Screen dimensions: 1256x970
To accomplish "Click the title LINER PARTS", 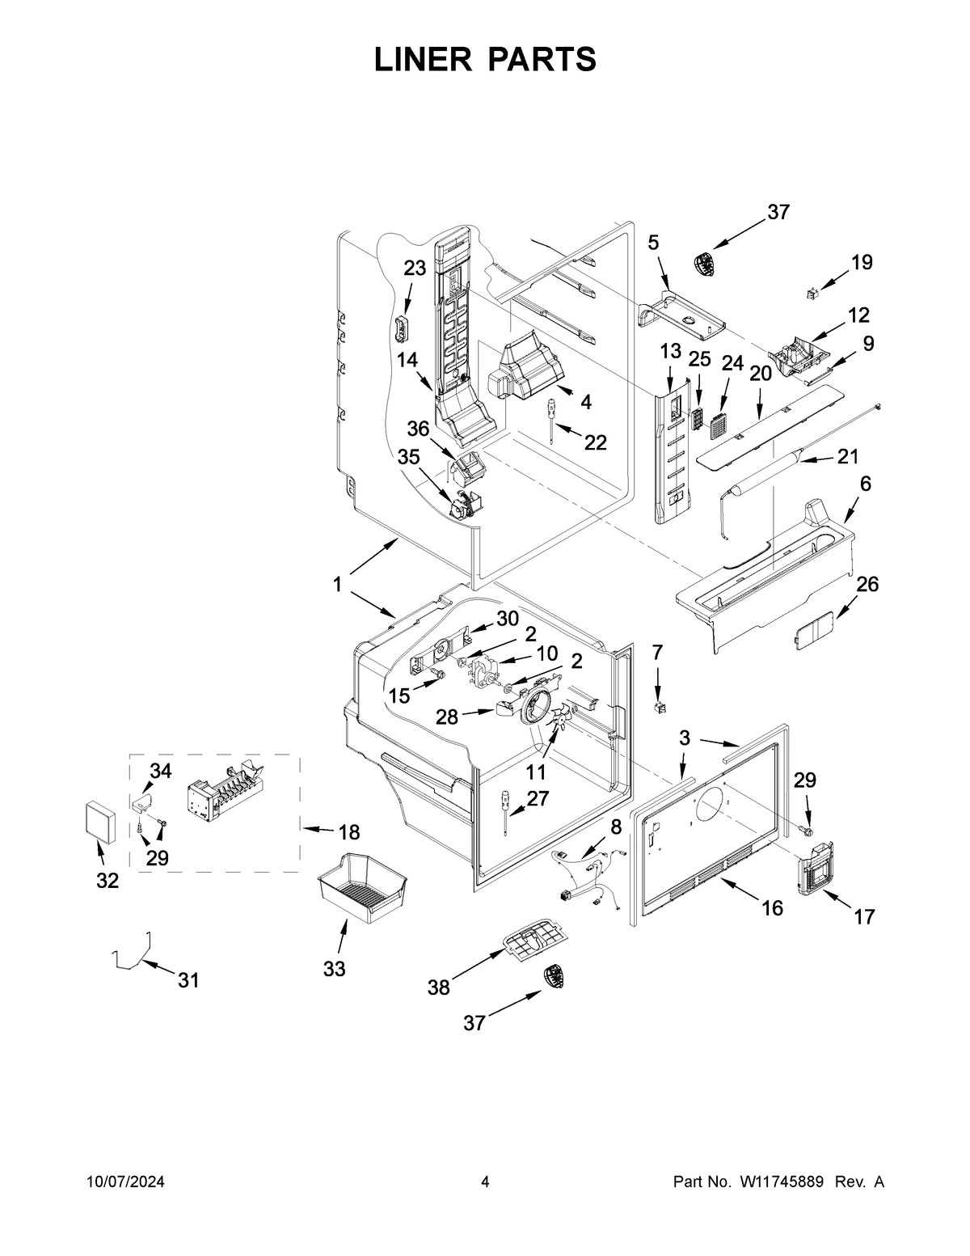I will (x=485, y=59).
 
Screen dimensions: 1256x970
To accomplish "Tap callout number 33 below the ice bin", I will (x=334, y=968).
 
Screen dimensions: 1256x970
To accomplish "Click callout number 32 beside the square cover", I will (x=107, y=881).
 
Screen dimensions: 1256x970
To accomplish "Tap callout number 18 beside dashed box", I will (x=348, y=832).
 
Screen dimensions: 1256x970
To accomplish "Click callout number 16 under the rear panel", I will (x=772, y=907).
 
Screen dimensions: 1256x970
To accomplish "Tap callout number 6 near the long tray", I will (x=866, y=484).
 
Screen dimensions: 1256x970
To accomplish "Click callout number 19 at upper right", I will (x=862, y=262).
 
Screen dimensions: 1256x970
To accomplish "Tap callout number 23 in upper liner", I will (x=415, y=269).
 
